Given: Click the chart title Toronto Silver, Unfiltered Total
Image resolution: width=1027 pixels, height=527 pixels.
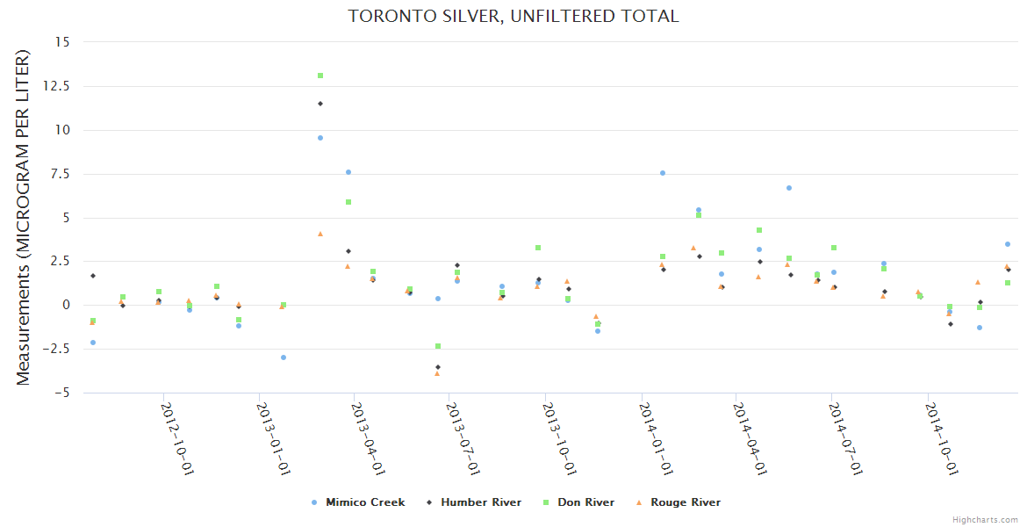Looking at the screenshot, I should point(513,16).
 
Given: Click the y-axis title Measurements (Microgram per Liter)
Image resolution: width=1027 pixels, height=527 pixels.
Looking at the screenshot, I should point(24,217).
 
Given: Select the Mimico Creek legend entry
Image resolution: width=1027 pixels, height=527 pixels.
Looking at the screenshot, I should point(365,502).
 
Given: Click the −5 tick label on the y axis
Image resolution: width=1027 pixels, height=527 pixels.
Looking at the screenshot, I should point(62,393).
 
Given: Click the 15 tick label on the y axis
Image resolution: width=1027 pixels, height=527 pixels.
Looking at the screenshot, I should point(63,41).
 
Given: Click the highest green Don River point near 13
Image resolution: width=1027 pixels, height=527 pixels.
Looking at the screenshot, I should point(320,76).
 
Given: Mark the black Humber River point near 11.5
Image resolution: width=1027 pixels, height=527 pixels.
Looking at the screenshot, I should point(320,104).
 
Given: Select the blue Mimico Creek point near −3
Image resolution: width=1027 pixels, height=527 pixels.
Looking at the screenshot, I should point(284,357).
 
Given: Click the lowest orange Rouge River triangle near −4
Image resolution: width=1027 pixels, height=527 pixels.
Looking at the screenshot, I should point(436,373).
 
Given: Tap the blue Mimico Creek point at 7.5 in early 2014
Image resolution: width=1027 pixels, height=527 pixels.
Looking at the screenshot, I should point(663,173).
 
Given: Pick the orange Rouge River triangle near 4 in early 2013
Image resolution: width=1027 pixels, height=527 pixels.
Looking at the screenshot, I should point(320,234).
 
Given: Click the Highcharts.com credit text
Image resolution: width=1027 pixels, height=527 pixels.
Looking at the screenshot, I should point(985,520).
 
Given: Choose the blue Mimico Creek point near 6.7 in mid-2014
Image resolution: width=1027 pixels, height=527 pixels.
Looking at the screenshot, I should point(789,188).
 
